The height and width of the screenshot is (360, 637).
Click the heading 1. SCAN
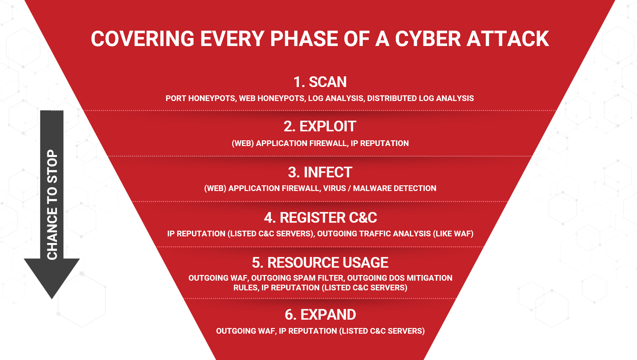tap(320, 82)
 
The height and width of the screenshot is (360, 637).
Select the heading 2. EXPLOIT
tap(320, 126)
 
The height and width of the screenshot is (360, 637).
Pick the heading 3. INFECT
tap(320, 172)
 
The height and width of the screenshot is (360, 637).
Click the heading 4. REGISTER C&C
tap(320, 218)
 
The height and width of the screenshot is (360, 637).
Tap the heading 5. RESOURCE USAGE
tap(320, 263)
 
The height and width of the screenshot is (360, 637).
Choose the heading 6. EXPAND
tap(320, 315)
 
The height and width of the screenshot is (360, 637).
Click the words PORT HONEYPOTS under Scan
tap(200, 98)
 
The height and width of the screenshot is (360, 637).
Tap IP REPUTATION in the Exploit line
tap(379, 143)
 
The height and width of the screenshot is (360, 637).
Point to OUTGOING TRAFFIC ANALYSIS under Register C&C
tap(374, 234)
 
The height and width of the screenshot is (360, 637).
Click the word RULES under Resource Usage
tap(245, 288)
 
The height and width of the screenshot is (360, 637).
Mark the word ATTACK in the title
tap(508, 39)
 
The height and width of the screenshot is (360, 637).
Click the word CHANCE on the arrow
tap(52, 233)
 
